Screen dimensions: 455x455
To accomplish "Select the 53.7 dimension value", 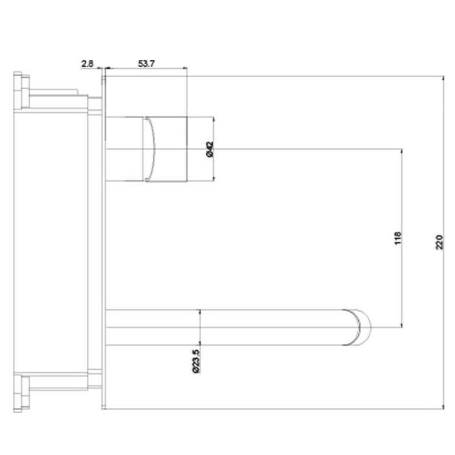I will pyautogui.click(x=146, y=64).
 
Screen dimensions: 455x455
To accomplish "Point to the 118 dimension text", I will pyautogui.click(x=397, y=238).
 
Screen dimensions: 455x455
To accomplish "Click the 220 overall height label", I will pyautogui.click(x=439, y=243).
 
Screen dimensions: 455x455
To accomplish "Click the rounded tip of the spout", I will pyautogui.click(x=363, y=327).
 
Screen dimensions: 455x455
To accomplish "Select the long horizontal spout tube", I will pyautogui.click(x=227, y=327).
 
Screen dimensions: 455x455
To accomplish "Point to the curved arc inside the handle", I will pyautogui.click(x=151, y=149).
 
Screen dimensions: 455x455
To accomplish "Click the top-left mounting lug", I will pyautogui.click(x=22, y=90).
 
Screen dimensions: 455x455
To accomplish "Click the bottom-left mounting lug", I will pyautogui.click(x=22, y=392).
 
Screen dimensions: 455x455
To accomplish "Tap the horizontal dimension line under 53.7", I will pyautogui.click(x=146, y=69).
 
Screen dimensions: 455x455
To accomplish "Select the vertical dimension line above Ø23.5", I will pyautogui.click(x=200, y=327).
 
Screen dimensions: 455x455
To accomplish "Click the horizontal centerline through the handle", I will pyautogui.click(x=284, y=149).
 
